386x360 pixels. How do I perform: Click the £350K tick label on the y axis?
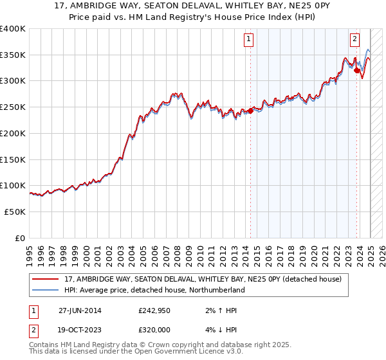(13, 55)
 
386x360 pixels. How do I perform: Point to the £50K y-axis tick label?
(15, 212)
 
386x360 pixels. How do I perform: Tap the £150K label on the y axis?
(13, 159)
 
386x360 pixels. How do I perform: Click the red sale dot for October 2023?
(356, 71)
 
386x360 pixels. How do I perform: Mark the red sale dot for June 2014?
(250, 111)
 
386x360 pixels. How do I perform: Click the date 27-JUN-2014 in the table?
(80, 310)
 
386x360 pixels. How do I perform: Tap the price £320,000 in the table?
(152, 329)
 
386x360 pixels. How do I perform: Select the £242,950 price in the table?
(152, 310)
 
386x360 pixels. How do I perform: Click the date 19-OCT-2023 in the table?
(80, 329)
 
